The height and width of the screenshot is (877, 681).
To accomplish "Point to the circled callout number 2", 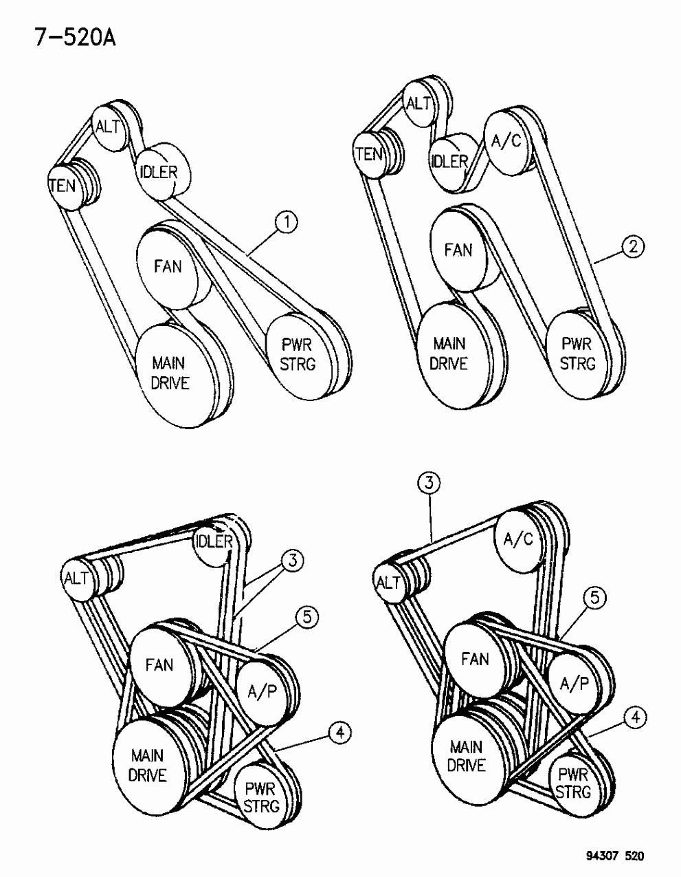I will click(633, 247).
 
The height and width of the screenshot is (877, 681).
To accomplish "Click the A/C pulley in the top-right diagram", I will click(507, 142).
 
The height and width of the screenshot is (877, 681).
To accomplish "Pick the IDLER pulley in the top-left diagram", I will click(158, 172).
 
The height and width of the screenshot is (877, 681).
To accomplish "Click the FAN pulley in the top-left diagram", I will click(167, 265).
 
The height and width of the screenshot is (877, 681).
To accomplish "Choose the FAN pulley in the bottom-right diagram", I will click(474, 658).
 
